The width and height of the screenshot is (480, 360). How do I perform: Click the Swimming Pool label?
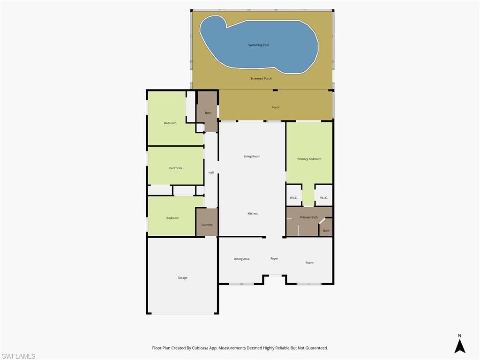coord(258,45)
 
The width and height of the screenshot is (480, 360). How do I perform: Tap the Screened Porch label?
coord(261,78)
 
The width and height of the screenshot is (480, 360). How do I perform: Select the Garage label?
coord(182,277)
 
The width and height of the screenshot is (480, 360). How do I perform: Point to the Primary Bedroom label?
coord(309,159)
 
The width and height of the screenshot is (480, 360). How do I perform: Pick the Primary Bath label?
coord(308,217)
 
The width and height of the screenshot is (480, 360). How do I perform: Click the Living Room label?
coord(252,156)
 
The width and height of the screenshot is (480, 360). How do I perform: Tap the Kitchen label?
coord(252,213)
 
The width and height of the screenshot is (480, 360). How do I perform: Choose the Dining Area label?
coord(241,259)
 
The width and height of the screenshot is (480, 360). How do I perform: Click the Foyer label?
coord(274,258)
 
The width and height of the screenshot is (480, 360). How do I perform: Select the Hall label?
coord(211,172)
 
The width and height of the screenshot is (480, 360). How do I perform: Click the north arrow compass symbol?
coord(459,346)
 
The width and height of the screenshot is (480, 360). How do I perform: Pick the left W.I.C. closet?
coord(293,197)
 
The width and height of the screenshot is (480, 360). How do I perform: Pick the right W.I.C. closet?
coord(323,197)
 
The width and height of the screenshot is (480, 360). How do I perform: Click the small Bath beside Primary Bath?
coord(326,230)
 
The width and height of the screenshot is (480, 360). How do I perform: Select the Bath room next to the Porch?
coord(208,112)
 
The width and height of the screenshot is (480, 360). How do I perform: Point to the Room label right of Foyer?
coord(309,262)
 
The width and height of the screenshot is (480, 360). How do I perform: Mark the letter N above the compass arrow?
coord(459,336)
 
